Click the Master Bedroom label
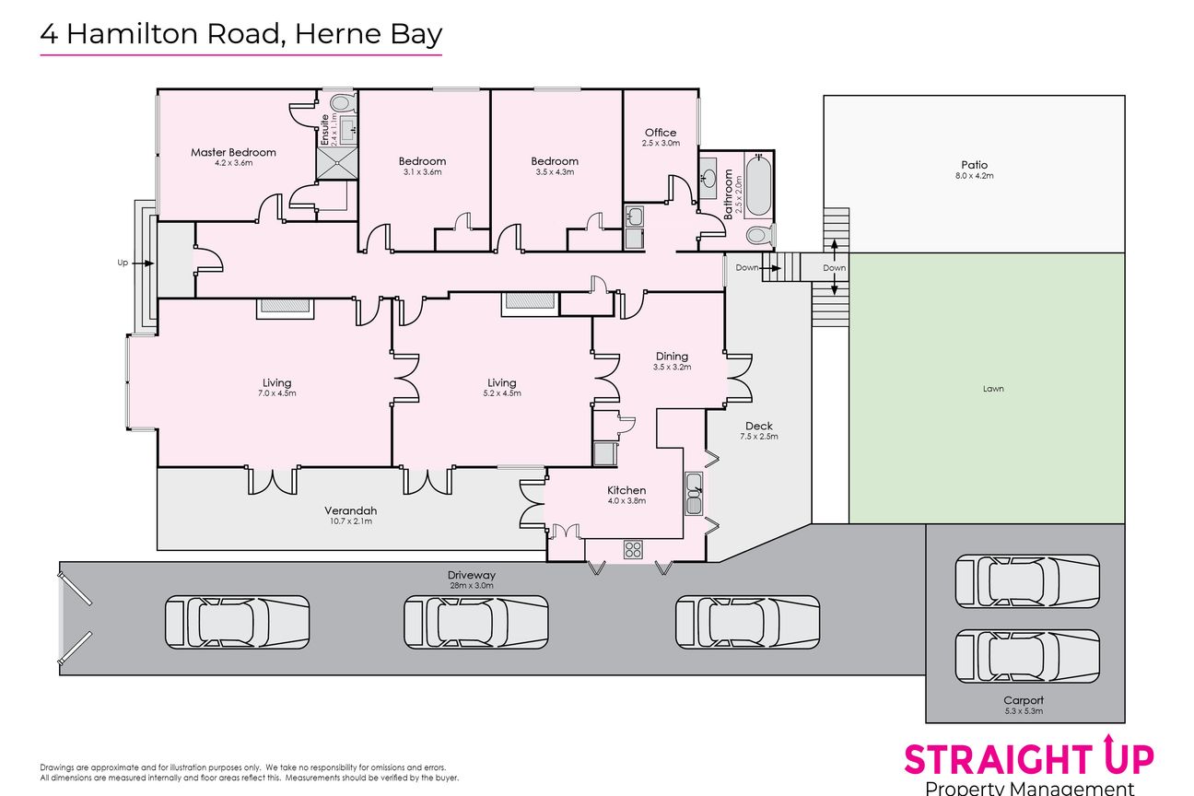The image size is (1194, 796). tap(233, 153)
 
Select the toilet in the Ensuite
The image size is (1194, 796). tap(342, 103)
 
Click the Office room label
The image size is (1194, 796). tap(661, 133)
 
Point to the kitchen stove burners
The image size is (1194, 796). tap(633, 550)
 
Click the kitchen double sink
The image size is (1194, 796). tap(694, 494)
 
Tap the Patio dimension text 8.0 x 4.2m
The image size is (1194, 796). tap(975, 176)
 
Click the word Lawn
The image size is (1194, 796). tap(993, 389)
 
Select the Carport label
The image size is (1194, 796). tap(1024, 700)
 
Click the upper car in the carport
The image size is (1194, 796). tap(1027, 581)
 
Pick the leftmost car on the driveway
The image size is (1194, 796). tap(237, 622)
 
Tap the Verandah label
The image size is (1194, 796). tap(351, 510)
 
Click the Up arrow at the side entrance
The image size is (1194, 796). tap(142, 263)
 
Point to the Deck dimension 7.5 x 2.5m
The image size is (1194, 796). tap(759, 437)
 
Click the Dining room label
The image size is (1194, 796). tap(672, 357)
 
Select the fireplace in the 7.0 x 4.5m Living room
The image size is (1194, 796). tap(286, 309)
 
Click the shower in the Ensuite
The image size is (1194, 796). tap(337, 163)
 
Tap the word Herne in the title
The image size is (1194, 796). tap(337, 33)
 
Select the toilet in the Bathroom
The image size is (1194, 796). tap(761, 235)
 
